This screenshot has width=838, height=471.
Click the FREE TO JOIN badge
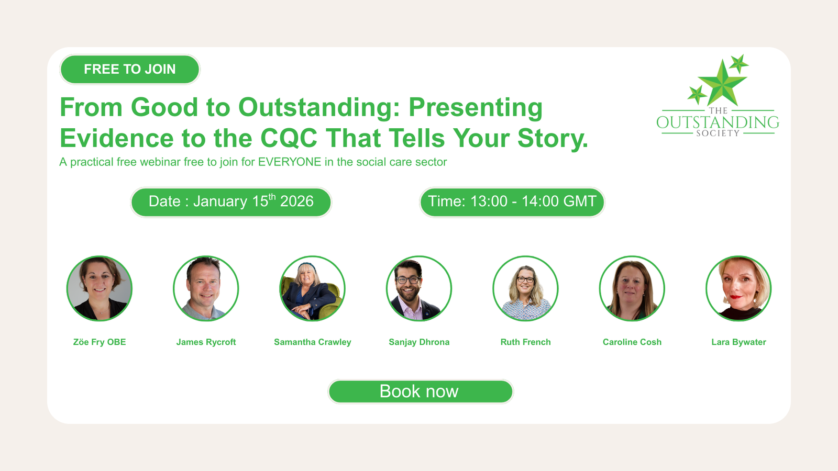[x=130, y=69]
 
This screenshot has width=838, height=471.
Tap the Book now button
[x=421, y=391]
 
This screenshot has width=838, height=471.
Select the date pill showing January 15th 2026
[x=231, y=202]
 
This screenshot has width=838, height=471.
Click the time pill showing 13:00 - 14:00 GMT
[x=512, y=202]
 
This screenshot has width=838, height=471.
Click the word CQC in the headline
[x=289, y=138]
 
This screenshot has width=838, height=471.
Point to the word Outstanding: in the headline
[x=319, y=108]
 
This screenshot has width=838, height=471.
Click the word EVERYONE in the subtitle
[x=290, y=162]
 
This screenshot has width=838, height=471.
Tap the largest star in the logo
[x=722, y=83]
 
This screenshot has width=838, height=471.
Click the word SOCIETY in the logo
[x=718, y=133]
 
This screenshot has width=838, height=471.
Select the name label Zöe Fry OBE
[x=100, y=342]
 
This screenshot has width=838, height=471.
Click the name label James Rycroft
[x=206, y=342]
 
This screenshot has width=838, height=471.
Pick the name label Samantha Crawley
[x=312, y=342]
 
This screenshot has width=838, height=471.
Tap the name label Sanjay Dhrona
[x=419, y=342]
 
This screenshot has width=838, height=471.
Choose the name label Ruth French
[x=526, y=342]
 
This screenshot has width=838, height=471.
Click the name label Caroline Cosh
[x=632, y=342]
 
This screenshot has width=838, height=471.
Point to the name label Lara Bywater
[x=739, y=342]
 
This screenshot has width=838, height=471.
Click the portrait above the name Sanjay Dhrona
[x=419, y=288]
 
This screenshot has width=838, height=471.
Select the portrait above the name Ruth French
[x=526, y=288]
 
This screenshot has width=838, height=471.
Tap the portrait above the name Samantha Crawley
[x=312, y=288]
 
